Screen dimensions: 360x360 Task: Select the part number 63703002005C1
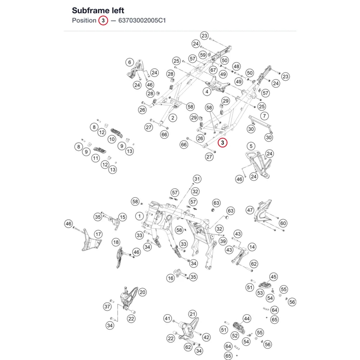(x=142, y=21)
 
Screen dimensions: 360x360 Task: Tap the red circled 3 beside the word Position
(x=103, y=21)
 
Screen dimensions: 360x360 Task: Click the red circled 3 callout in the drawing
(x=222, y=143)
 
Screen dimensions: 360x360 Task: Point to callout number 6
(x=130, y=62)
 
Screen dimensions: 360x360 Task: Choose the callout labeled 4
(x=207, y=91)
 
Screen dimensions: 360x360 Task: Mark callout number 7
(x=265, y=116)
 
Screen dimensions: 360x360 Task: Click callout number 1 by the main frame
(x=139, y=216)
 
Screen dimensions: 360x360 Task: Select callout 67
(x=213, y=70)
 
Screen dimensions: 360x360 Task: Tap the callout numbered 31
(x=197, y=179)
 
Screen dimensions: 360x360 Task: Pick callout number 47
(x=250, y=210)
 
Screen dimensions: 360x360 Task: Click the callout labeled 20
(x=142, y=292)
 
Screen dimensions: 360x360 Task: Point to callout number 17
(x=98, y=234)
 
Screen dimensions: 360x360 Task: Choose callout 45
(x=274, y=276)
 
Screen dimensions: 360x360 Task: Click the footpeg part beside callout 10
(x=117, y=133)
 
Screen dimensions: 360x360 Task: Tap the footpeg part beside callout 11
(x=100, y=150)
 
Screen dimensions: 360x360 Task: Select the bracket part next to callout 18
(x=120, y=257)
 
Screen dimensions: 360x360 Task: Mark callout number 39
(x=223, y=241)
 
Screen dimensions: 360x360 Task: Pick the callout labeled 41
(x=168, y=319)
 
